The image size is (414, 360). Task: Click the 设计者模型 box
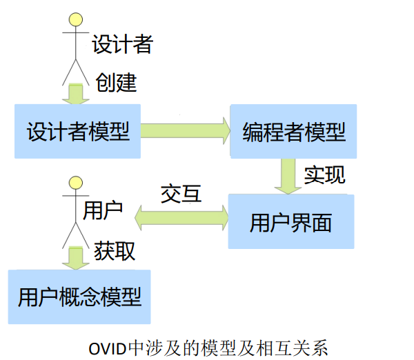[77, 131]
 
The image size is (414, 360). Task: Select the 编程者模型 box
[293, 131]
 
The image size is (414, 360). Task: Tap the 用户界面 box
[290, 221]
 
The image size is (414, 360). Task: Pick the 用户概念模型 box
[79, 297]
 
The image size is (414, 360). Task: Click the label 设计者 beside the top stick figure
[122, 45]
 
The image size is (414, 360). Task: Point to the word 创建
[116, 83]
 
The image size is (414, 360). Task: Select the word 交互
[181, 194]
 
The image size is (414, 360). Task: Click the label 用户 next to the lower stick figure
[103, 210]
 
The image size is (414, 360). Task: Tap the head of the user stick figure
[75, 183]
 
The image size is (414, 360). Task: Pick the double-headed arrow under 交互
[181, 217]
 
